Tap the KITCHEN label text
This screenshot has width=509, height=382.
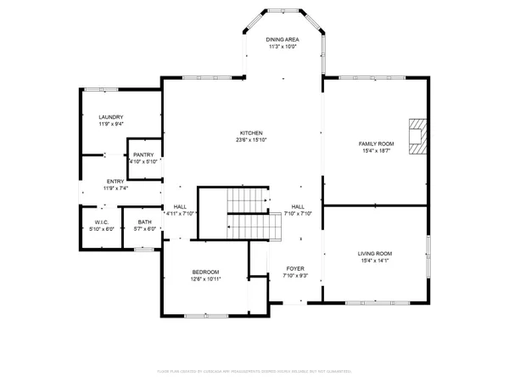[251, 133]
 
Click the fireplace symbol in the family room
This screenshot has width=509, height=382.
[416, 136]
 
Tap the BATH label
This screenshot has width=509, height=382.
[145, 222]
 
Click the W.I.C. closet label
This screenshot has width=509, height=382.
[102, 222]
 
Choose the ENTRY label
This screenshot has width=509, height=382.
[115, 182]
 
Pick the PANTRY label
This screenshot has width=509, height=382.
[143, 154]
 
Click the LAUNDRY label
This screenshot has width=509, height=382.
[111, 117]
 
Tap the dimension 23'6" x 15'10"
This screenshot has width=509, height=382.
[251, 141]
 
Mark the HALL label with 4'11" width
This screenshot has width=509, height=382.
[180, 206]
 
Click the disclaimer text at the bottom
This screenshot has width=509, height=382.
[255, 371]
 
